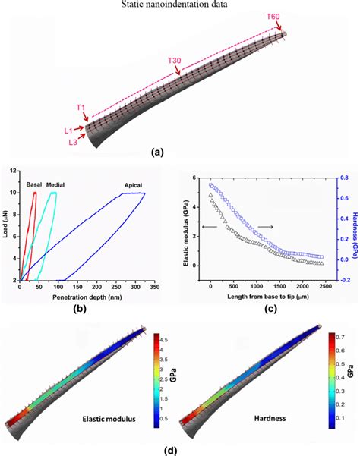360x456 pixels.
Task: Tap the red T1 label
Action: (80, 107)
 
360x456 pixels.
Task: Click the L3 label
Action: (73, 142)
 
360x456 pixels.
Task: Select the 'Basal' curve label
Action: (34, 184)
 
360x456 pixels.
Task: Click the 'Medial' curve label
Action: (55, 184)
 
